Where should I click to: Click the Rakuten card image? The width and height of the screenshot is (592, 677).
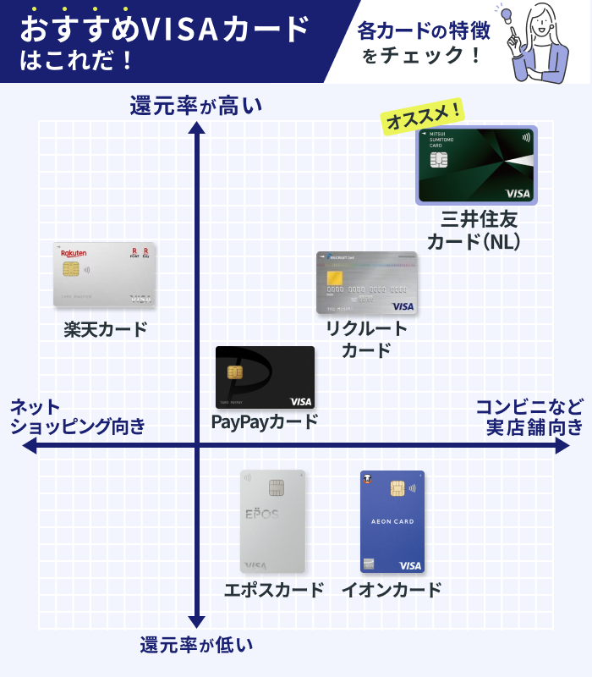104,274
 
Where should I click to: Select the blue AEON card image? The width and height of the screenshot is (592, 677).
392,521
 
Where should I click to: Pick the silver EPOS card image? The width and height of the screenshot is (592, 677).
272,521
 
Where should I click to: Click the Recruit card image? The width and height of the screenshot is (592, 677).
367,283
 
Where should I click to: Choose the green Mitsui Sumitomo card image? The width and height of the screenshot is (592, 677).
476,166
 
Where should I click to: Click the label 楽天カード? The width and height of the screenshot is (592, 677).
105,329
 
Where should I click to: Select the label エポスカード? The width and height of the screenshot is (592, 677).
273,590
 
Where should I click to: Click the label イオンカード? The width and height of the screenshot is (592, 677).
391,590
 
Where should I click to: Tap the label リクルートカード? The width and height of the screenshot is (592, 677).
367,339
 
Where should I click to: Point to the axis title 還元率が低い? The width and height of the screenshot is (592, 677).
196,645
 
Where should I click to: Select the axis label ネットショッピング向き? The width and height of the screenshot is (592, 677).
77,416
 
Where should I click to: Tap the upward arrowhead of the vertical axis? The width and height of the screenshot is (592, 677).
197,128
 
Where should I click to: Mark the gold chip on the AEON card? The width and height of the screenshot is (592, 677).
397,488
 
